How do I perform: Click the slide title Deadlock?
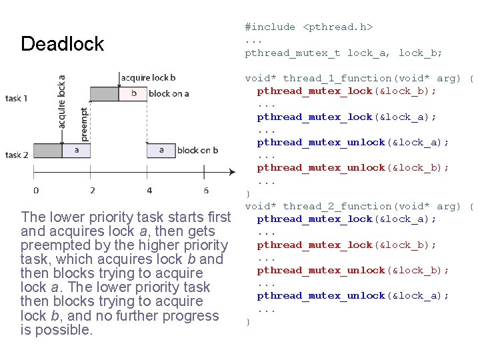[x=63, y=44]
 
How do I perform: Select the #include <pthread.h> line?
[x=309, y=27]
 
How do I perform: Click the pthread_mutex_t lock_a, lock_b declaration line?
[x=343, y=53]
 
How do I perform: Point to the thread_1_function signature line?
[x=359, y=78]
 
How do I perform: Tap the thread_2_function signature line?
[x=359, y=206]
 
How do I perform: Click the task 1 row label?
[x=17, y=99]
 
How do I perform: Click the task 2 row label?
[x=17, y=155]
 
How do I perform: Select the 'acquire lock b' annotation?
[x=149, y=78]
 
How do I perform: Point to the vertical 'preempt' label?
[x=84, y=124]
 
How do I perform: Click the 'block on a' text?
[x=169, y=93]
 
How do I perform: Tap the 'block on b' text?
[x=197, y=150]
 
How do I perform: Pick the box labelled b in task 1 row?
[x=133, y=93]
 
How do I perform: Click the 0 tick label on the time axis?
[x=35, y=190]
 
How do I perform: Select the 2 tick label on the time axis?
[x=92, y=190]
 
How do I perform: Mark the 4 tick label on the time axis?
[x=149, y=190]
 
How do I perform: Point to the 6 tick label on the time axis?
[x=205, y=190]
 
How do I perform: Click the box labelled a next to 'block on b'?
[x=161, y=150]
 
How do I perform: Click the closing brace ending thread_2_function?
[x=248, y=321]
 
